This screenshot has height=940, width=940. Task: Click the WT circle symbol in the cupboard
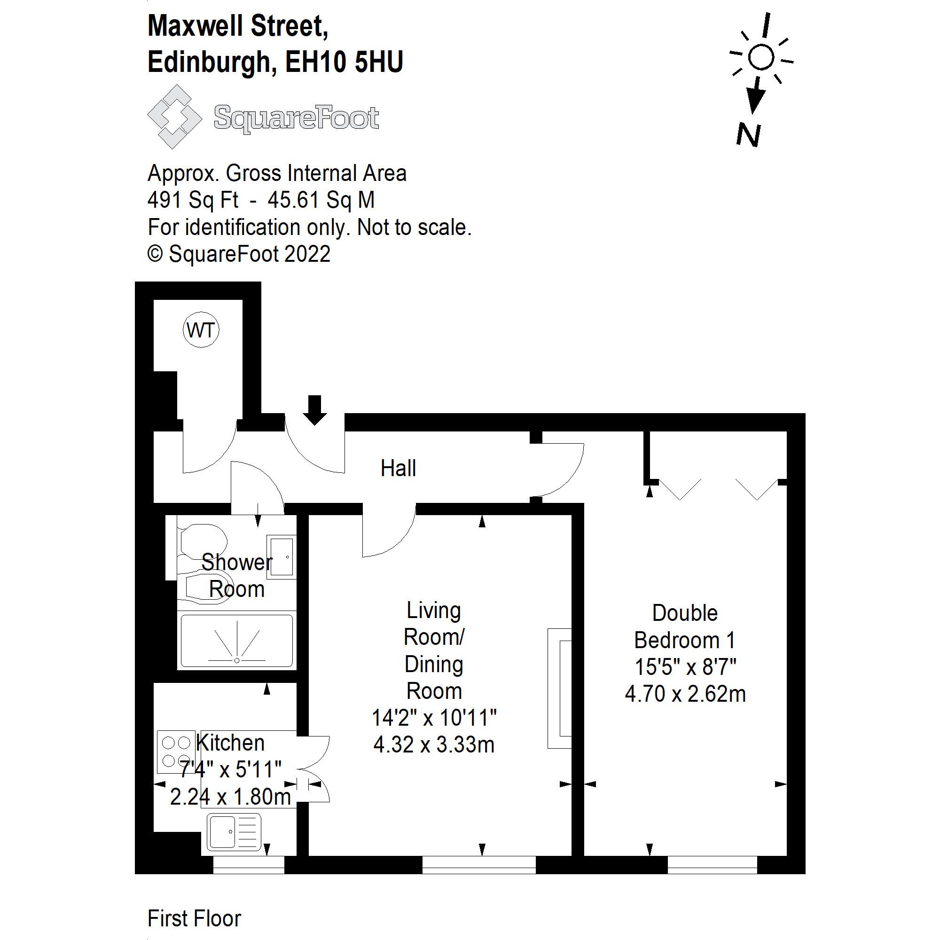[x=201, y=330]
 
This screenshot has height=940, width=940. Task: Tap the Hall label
[x=398, y=468]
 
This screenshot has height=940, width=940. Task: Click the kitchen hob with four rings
[x=176, y=752]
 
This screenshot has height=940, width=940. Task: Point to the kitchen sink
[x=234, y=832]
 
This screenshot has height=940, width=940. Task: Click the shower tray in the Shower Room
[x=237, y=641]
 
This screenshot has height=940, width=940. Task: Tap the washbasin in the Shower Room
[x=281, y=556]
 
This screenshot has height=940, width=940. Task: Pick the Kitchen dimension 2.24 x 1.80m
[x=231, y=797]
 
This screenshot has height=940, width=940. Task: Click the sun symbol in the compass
[x=761, y=57]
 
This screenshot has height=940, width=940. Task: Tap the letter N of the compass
[x=748, y=135]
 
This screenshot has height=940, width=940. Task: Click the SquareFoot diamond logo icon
[x=174, y=117]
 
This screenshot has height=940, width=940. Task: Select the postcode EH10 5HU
[x=345, y=63]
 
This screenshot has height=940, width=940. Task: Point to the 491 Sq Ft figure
[x=193, y=200]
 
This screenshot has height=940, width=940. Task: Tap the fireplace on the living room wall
[x=559, y=688]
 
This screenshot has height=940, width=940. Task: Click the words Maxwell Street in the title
[x=237, y=26]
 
